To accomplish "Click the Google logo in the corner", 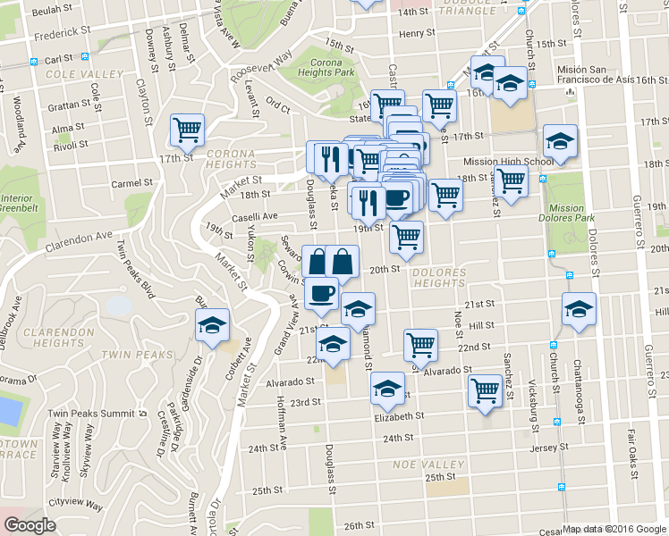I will pyautogui.click(x=30, y=525).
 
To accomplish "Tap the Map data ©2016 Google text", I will pyautogui.click(x=614, y=529).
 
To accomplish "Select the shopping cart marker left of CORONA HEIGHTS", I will pyautogui.click(x=188, y=130).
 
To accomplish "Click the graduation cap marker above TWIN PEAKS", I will pyautogui.click(x=212, y=325).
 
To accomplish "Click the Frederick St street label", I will pyautogui.click(x=63, y=37).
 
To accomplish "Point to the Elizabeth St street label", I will pyautogui.click(x=399, y=416).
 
